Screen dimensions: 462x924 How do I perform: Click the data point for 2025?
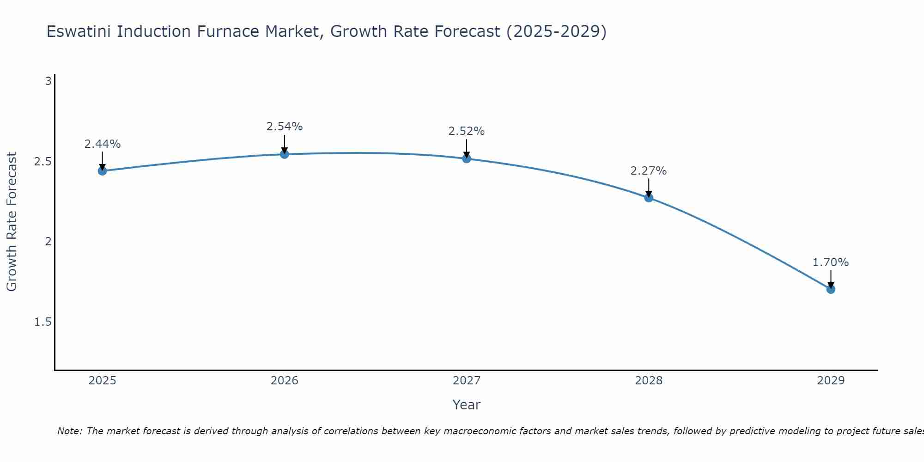(102, 171)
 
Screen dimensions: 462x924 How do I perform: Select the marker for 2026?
(285, 154)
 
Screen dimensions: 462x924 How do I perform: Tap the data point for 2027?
(467, 158)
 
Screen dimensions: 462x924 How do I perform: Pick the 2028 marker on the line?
(649, 198)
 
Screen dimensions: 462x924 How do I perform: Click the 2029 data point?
(831, 289)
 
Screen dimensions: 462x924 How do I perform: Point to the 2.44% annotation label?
(102, 144)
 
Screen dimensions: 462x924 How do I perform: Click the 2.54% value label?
(285, 127)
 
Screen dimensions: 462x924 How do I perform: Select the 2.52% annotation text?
(467, 131)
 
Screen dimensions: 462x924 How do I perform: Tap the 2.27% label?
(649, 171)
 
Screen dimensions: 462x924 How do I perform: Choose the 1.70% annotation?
(831, 262)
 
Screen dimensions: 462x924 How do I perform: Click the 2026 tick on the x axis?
(285, 381)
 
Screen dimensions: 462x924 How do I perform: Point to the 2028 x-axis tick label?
(649, 381)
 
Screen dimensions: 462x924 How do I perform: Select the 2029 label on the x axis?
(831, 381)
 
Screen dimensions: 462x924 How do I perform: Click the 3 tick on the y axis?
(48, 82)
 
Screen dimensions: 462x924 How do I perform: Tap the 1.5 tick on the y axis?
(43, 322)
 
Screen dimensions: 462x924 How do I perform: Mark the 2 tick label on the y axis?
(48, 242)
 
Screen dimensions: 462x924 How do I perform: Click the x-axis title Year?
(467, 405)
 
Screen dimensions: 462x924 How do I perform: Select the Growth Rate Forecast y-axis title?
(12, 222)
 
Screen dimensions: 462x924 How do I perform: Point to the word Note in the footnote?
(69, 431)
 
